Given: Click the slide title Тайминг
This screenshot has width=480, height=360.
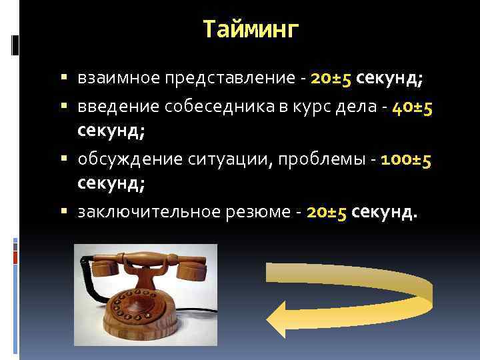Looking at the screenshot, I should [x=251, y=29].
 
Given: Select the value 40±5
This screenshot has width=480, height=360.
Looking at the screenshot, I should [x=409, y=107].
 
